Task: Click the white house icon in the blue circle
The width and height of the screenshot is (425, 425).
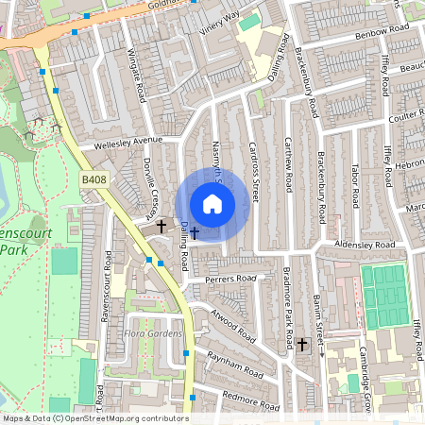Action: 212,204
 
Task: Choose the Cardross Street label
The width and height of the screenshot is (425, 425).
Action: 253,171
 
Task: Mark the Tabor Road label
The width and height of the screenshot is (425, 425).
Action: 355,185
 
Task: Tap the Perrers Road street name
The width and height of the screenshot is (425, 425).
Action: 231,280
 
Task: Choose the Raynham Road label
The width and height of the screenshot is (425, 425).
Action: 239,369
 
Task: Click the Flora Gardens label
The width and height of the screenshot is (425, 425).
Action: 152,332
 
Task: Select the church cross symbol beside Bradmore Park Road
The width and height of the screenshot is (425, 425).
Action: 302,345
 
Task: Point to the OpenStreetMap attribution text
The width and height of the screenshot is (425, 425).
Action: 94,418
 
